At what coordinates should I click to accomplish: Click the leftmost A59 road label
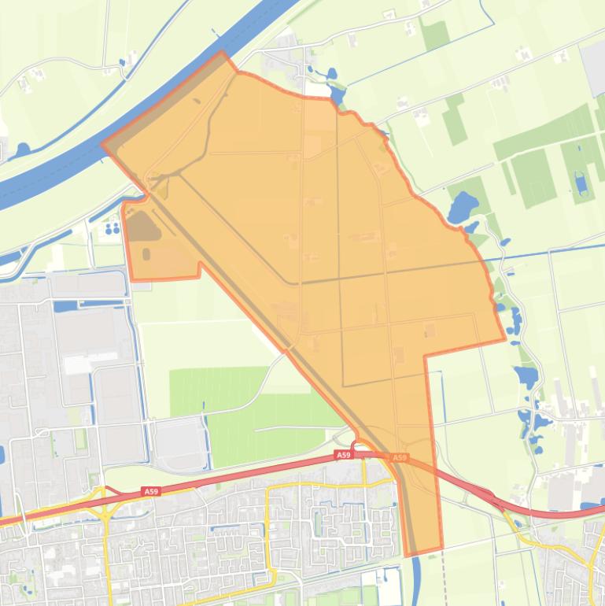[x=151, y=491]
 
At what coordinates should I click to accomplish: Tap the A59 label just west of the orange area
[x=343, y=455]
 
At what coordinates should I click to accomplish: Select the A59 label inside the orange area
[x=400, y=457]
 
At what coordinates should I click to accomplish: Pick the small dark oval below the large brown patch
[x=146, y=253]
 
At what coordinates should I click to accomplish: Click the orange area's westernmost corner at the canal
[x=103, y=145]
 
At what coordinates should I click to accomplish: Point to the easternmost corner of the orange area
[x=504, y=340]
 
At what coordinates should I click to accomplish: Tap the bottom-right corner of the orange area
[x=441, y=548]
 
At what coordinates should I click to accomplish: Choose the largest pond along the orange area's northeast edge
[x=462, y=206]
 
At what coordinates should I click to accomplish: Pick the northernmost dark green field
[x=434, y=35]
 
